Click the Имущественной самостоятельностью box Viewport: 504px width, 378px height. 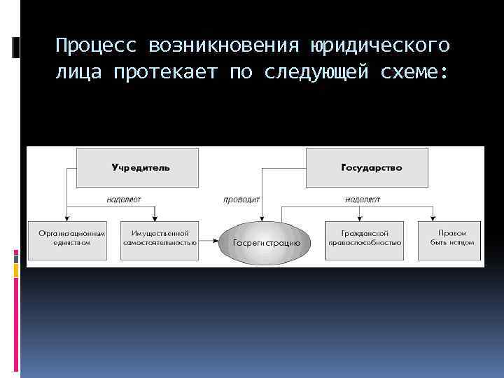[x=159, y=238]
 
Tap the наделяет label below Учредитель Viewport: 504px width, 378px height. [x=124, y=199]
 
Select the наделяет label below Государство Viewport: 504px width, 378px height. [x=363, y=199]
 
